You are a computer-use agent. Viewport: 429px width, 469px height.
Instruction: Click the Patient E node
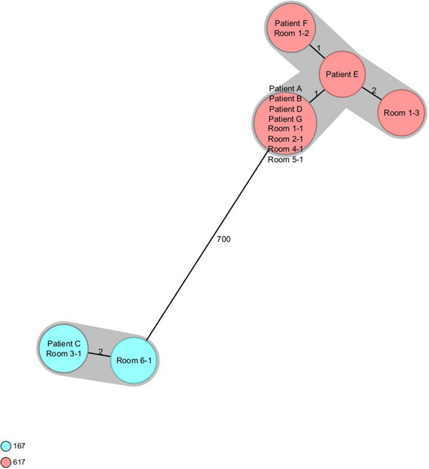(342, 75)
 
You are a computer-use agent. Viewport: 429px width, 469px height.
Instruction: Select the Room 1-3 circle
(401, 113)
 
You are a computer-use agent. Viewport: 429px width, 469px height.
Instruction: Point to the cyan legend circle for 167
(7, 447)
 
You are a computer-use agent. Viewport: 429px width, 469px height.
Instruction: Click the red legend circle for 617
(7, 462)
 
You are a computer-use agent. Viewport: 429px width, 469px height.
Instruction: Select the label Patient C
(63, 344)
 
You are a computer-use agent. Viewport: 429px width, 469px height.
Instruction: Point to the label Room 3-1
(63, 353)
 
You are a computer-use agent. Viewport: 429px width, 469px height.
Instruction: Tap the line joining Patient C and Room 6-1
(100, 355)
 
